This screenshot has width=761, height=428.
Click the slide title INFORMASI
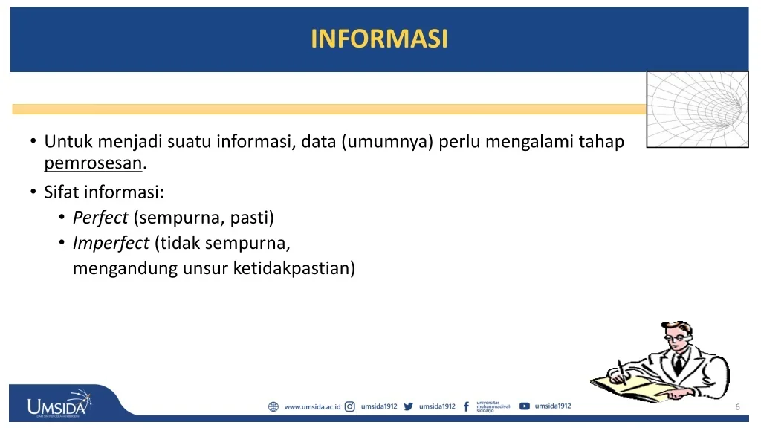(379, 39)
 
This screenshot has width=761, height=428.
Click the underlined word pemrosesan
(93, 163)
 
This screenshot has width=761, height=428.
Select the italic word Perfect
(100, 218)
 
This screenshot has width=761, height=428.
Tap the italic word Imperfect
(111, 243)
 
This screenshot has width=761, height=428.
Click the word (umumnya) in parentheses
(386, 142)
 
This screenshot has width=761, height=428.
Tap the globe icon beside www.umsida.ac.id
(273, 406)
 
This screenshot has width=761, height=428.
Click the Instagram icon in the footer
(350, 406)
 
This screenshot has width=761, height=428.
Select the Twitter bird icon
(409, 406)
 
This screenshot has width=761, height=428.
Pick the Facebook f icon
(467, 406)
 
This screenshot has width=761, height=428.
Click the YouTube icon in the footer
(525, 406)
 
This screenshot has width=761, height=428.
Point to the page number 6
(738, 406)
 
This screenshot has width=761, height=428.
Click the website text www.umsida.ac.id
(313, 406)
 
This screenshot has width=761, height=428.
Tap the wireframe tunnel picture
(697, 110)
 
